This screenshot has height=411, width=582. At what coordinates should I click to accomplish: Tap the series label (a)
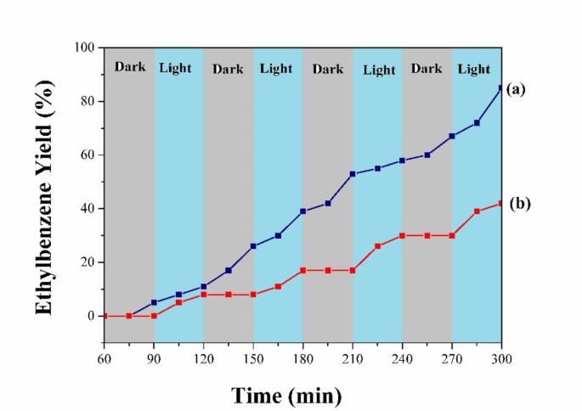[x=517, y=89]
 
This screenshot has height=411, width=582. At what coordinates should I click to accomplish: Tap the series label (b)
[x=517, y=204]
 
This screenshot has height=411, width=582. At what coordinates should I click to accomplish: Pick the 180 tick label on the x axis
[x=302, y=359]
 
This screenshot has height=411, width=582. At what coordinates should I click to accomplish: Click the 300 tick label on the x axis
[x=501, y=359]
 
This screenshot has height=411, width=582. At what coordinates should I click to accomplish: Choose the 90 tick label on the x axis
[x=154, y=359]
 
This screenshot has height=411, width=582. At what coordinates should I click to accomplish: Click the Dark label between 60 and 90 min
[x=129, y=67]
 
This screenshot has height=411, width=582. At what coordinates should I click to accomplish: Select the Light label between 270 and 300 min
[x=474, y=68]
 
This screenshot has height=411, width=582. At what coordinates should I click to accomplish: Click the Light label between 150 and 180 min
[x=276, y=68]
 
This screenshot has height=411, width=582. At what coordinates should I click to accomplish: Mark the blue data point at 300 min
[x=501, y=87]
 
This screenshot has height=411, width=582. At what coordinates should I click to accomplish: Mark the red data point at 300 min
[x=501, y=203]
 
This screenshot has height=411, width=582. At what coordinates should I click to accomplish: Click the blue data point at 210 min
[x=353, y=174]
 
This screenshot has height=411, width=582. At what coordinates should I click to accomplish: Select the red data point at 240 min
[x=402, y=235]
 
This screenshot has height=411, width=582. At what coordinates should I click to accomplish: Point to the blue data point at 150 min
[x=253, y=246]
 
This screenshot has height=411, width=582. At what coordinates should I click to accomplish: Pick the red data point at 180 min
[x=302, y=270]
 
